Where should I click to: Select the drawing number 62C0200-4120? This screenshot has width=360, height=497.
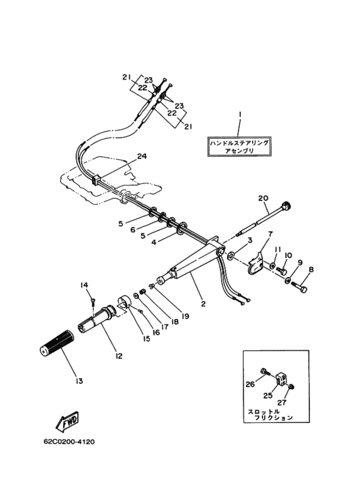pyautogui.click(x=69, y=442)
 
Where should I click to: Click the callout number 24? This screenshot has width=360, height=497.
pyautogui.click(x=141, y=156)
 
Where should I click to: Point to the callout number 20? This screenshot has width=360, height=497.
pyautogui.click(x=263, y=198)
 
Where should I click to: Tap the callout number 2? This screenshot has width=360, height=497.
pyautogui.click(x=203, y=303)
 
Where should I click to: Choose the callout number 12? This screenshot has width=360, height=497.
pyautogui.click(x=118, y=356)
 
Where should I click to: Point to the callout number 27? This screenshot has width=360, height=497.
pyautogui.click(x=282, y=402)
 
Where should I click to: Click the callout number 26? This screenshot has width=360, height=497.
pyautogui.click(x=250, y=384)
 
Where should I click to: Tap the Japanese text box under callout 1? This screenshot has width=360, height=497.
pyautogui.click(x=240, y=147)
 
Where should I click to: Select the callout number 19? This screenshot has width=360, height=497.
pyautogui.click(x=184, y=316)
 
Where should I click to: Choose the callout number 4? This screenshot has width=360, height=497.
pyautogui.click(x=154, y=242)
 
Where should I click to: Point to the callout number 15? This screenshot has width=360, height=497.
pyautogui.click(x=146, y=339)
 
